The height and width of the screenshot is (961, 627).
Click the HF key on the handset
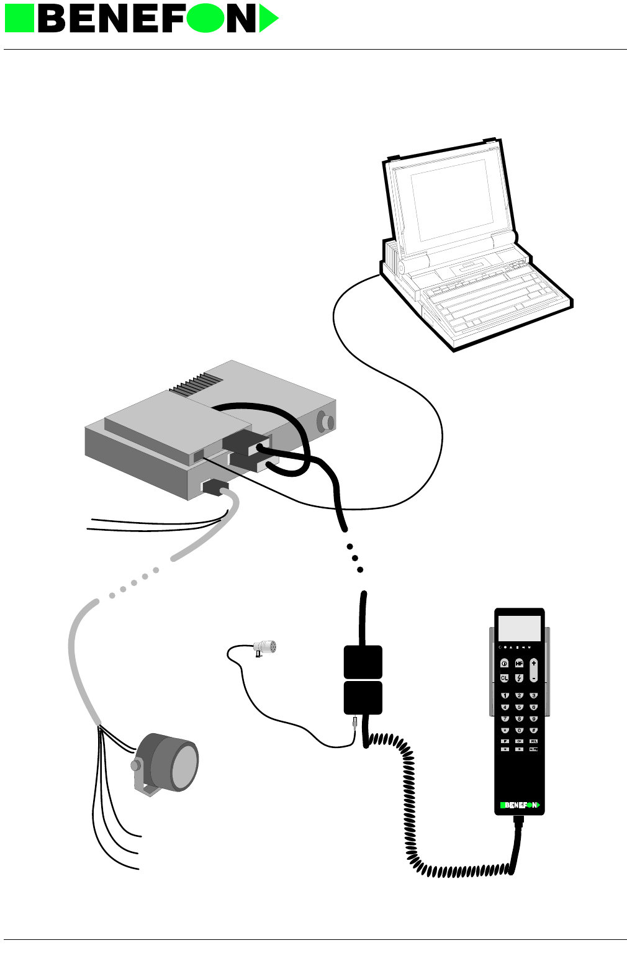coord(519,664)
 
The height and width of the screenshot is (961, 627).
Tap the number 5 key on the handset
coord(519,707)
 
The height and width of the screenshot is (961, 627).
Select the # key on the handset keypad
coord(533,730)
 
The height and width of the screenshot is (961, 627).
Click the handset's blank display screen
coord(520,629)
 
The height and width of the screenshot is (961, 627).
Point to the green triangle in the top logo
coord(268,19)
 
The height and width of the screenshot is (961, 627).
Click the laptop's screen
coord(451,200)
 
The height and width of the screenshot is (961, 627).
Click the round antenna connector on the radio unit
coord(325,422)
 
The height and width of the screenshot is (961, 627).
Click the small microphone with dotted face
coord(266,647)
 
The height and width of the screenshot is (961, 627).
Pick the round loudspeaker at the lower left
coord(171,764)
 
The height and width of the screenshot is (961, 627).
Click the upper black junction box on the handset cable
coord(363,662)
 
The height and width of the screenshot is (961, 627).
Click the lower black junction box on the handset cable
coord(363,698)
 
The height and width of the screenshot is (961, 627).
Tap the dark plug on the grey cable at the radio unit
coord(214,487)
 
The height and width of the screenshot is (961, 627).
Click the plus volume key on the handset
coord(533,664)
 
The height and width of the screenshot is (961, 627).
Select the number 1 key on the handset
coord(505,696)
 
